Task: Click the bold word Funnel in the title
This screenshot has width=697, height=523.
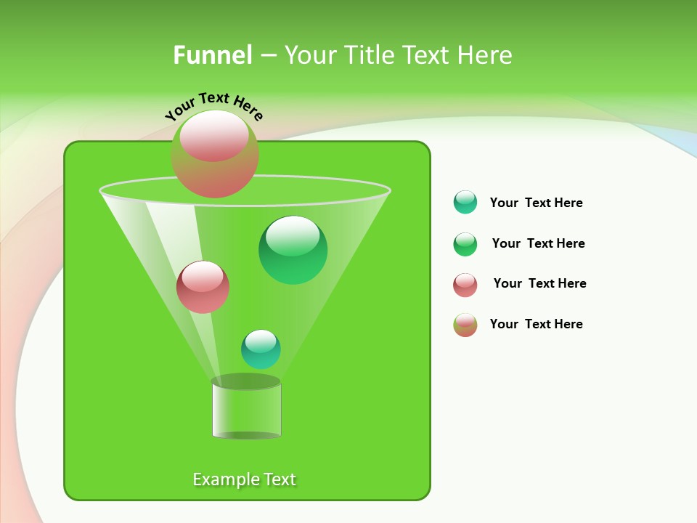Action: click(212, 55)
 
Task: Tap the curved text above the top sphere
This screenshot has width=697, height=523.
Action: click(213, 106)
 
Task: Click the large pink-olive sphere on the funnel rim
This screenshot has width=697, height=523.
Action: click(215, 155)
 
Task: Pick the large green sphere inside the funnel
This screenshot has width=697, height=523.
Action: click(293, 251)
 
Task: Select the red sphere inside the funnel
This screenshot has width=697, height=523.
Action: click(203, 288)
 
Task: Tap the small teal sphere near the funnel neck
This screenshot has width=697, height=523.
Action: click(261, 349)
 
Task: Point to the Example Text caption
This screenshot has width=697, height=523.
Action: click(244, 479)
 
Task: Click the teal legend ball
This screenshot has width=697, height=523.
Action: click(465, 203)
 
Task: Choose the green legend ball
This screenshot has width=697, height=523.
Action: click(465, 244)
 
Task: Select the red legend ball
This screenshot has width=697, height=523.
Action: click(465, 285)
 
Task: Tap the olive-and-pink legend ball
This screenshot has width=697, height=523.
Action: click(465, 325)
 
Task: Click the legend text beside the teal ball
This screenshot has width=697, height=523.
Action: click(536, 203)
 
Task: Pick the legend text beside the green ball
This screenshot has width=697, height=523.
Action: click(538, 243)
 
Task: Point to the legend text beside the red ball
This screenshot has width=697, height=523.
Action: click(539, 283)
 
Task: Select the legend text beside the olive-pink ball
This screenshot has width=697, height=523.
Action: click(536, 324)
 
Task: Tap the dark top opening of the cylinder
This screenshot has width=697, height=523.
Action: click(245, 381)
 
